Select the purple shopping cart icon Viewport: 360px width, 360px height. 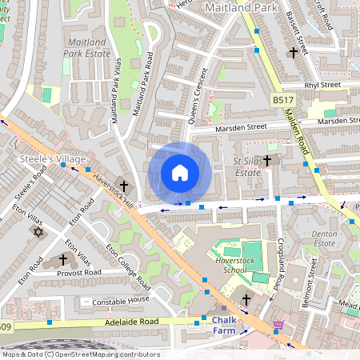click(x=278, y=325)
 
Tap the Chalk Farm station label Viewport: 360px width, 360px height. click(x=230, y=324)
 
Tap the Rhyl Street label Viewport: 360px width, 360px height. click(x=322, y=84)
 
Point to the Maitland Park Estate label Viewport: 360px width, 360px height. click(x=90, y=45)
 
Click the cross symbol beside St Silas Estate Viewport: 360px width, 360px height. click(x=267, y=160)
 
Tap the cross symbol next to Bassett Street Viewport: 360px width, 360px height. click(x=293, y=53)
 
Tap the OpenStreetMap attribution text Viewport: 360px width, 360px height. click(x=80, y=354)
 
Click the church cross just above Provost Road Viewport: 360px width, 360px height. click(x=62, y=260)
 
